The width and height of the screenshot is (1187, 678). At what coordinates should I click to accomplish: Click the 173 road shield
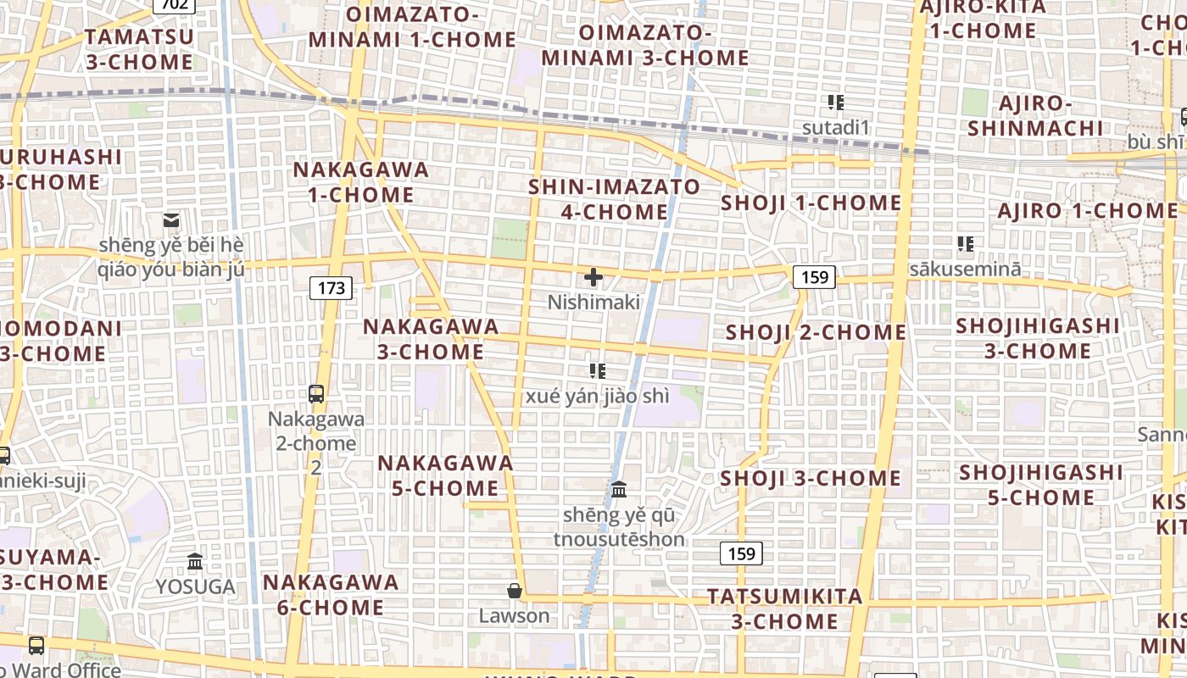tap(331, 288)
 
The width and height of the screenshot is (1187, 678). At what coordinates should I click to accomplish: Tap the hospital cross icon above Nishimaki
tap(593, 277)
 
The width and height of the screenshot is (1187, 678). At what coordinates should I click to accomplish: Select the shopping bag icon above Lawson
tap(514, 591)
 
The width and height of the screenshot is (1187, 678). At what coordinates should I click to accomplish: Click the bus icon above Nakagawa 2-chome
tap(316, 393)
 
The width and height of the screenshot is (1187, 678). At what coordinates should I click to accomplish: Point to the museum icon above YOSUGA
tap(195, 561)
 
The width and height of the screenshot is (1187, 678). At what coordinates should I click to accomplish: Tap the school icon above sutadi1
tap(836, 103)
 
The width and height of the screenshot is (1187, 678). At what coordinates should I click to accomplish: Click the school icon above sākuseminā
tap(965, 244)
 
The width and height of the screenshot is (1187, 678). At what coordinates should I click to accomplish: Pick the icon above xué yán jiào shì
tap(598, 370)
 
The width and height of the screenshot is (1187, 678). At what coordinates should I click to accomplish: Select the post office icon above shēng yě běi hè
tap(171, 220)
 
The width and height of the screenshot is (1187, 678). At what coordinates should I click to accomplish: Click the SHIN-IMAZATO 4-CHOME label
tap(615, 198)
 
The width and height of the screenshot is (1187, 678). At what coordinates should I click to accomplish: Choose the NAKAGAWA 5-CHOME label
tap(446, 475)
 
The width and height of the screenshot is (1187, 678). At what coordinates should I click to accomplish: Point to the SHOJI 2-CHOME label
tap(816, 332)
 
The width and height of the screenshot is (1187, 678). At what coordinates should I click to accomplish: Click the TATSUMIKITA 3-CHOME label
tap(785, 609)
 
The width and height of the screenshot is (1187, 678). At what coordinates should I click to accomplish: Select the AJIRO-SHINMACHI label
tap(1035, 115)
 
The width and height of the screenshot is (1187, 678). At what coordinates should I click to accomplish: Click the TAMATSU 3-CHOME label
tap(140, 49)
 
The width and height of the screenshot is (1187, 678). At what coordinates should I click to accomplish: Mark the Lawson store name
tap(514, 616)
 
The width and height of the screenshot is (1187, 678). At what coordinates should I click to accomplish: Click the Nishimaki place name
tap(593, 303)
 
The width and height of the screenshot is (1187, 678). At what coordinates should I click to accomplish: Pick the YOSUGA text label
tap(195, 586)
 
